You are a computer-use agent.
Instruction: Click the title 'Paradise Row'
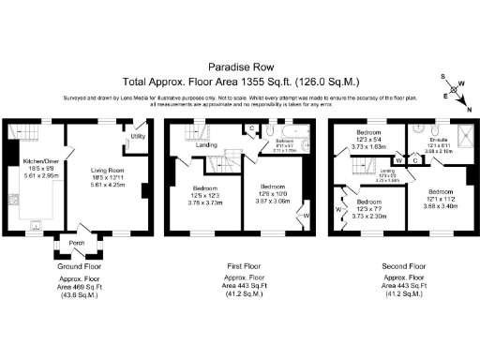coord(239,67)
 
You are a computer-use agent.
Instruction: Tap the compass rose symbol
coord(458,91)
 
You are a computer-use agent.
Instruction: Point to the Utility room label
coord(137,137)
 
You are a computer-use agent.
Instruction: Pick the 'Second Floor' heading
coord(401,267)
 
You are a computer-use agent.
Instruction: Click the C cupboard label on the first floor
coord(254,128)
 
